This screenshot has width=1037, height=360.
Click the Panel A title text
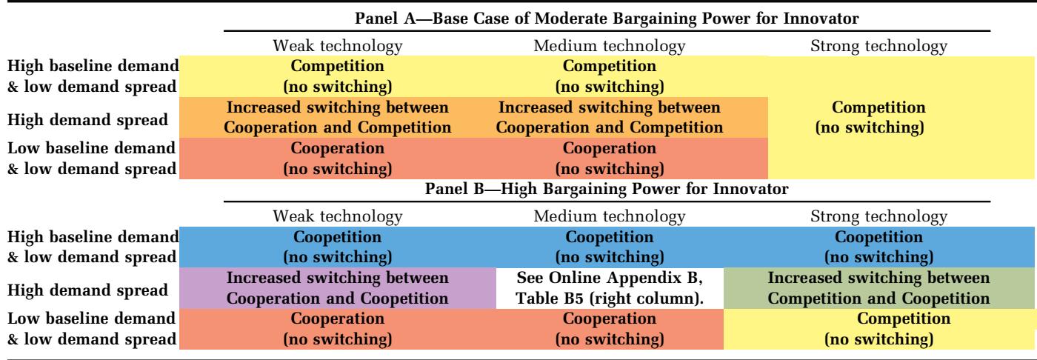[607, 19]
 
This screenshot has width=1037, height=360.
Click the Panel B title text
[607, 189]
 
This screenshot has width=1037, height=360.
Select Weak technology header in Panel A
[338, 46]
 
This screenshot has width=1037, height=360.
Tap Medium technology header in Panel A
[609, 46]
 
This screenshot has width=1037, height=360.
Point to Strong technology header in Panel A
[878, 46]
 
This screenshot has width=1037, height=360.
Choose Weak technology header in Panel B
[338, 216]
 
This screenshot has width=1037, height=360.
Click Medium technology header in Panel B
[609, 216]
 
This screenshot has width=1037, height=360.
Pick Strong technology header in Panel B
[878, 216]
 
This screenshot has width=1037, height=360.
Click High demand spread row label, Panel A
[87, 120]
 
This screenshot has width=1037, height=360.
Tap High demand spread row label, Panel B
[87, 290]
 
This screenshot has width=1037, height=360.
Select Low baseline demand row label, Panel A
[92, 159]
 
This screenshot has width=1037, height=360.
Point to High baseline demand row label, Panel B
[93, 247]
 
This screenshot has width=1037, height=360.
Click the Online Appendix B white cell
[610, 288]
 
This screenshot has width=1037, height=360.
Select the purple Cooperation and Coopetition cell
[338, 288]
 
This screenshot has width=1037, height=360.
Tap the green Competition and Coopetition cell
[878, 288]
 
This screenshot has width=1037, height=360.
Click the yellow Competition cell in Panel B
[878, 329]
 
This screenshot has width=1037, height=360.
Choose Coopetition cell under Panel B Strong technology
[878, 247]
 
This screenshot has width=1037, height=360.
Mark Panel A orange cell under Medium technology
[609, 117]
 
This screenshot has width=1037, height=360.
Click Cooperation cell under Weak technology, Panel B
[338, 329]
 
